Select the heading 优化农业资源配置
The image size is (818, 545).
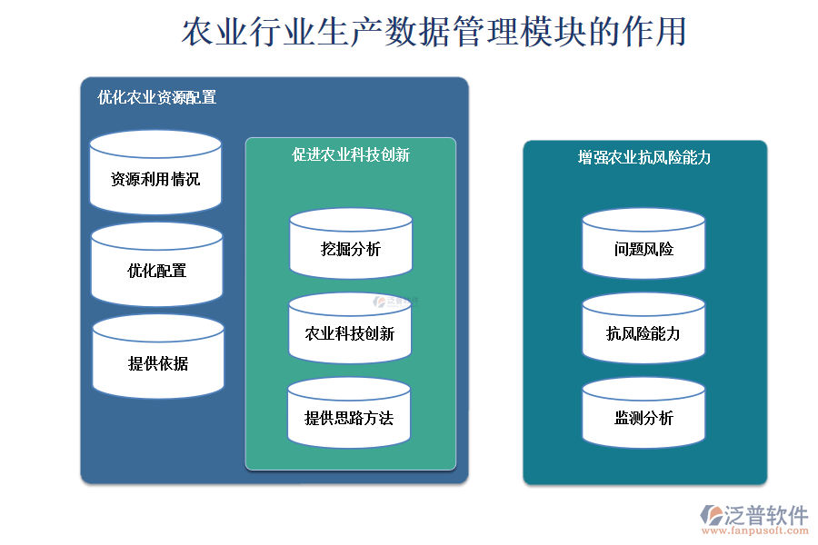pyautogui.click(x=156, y=97)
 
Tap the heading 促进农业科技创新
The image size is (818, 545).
pyautogui.click(x=351, y=155)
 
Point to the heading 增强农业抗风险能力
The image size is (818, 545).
pyautogui.click(x=644, y=157)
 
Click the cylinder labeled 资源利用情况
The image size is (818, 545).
pyautogui.click(x=155, y=172)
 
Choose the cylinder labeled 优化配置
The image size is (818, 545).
pyautogui.click(x=157, y=264)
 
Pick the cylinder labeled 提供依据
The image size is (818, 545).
pyautogui.click(x=158, y=356)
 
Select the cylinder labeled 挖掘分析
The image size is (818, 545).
pyautogui.click(x=351, y=243)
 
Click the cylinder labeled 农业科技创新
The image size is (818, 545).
pyautogui.click(x=350, y=328)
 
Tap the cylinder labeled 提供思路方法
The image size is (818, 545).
pyautogui.click(x=349, y=412)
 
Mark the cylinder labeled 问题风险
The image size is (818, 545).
pyautogui.click(x=643, y=243)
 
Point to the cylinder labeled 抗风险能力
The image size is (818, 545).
pyautogui.click(x=643, y=328)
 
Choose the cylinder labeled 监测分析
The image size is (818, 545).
pyautogui.click(x=643, y=412)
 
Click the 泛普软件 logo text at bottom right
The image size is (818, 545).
pyautogui.click(x=766, y=515)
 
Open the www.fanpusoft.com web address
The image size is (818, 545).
pyautogui.click(x=755, y=530)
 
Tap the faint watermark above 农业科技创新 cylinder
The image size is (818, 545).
pyautogui.click(x=395, y=302)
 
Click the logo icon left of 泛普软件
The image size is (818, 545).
pyautogui.click(x=712, y=515)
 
